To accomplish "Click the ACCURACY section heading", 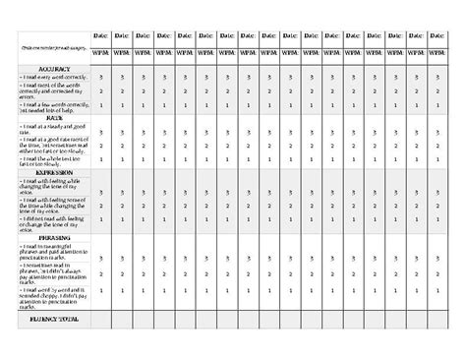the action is pos(56,69).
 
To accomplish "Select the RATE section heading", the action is pos(56,117).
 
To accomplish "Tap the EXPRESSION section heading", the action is pos(56,172).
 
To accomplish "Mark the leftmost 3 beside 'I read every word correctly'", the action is pos(122,76).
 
